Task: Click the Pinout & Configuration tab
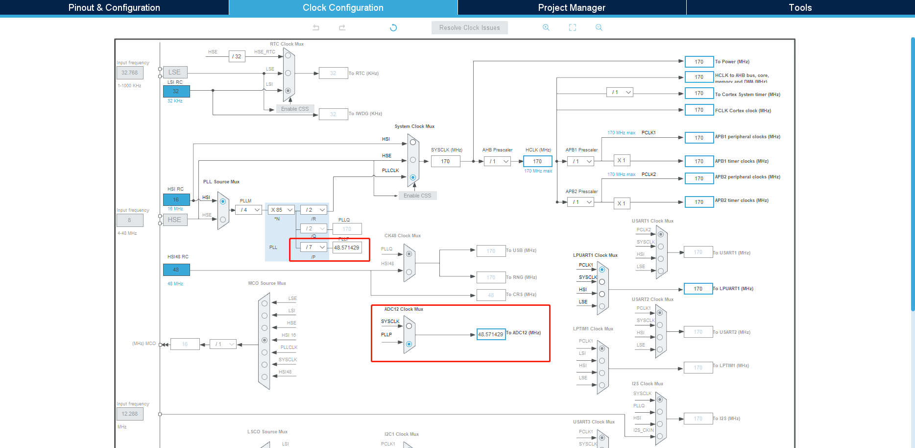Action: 114,7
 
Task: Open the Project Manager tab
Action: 572,7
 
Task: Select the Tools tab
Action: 800,7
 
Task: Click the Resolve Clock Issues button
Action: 469,28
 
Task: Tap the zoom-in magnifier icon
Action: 546,27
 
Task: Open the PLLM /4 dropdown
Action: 249,210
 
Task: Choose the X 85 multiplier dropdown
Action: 282,210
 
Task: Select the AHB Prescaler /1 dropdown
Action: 497,161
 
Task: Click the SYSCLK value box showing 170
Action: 445,161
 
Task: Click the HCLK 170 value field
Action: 537,161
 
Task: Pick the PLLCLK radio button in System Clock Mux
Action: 413,177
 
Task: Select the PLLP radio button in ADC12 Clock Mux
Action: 409,344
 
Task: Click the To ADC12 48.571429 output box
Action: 491,334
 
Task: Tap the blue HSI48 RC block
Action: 176,270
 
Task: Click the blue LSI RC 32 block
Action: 176,91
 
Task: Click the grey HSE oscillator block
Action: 175,220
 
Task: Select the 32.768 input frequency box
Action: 130,73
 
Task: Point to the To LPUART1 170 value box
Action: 698,289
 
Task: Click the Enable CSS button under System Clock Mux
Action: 417,196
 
